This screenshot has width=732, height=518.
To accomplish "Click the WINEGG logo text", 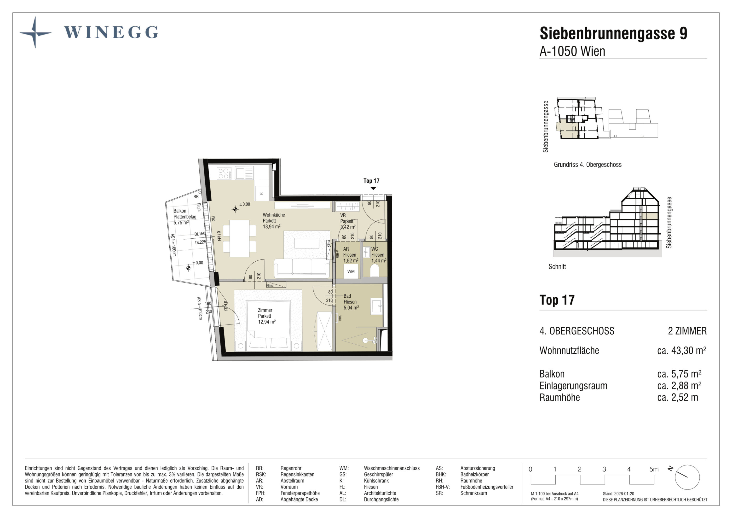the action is tap(111, 32).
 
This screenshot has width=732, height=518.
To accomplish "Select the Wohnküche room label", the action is tap(274, 215).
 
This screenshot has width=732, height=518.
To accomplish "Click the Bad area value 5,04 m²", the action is tap(351, 308).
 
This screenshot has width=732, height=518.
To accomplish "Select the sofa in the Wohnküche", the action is tap(302, 267).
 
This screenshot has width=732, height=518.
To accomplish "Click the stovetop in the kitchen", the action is tap(224, 174).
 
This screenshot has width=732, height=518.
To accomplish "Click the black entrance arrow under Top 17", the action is tap(373, 188).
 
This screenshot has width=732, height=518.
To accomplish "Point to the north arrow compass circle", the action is tap(687, 477).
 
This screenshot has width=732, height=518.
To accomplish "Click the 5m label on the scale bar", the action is tap(654, 469).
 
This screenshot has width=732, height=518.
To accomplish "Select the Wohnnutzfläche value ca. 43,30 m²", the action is tap(682, 350).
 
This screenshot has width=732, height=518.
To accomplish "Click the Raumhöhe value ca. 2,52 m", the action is tap(677, 397).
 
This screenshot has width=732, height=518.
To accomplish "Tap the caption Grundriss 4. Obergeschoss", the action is tap(588, 165).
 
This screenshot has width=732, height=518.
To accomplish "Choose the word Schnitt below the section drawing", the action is tap(557, 266).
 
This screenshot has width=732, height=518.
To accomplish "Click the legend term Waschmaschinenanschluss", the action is tap(392, 468).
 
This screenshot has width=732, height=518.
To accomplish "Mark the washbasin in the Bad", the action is tap(376, 306).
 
